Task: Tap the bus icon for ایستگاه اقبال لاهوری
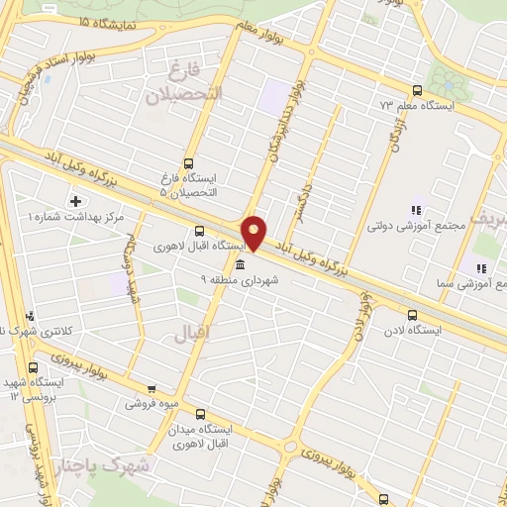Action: pos(200,229)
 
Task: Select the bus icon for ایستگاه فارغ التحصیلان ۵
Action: pos(188,164)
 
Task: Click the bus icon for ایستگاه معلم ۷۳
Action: pos(416,89)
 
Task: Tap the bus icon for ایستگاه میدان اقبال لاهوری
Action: pos(200,415)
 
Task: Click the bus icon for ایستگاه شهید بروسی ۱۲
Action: pos(31,365)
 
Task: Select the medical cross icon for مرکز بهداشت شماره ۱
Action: pos(75,201)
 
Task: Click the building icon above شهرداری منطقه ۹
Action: pos(241,263)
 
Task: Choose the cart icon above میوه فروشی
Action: pos(150,388)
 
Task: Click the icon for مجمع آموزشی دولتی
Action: pos(416,210)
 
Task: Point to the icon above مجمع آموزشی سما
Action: pos(480,268)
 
